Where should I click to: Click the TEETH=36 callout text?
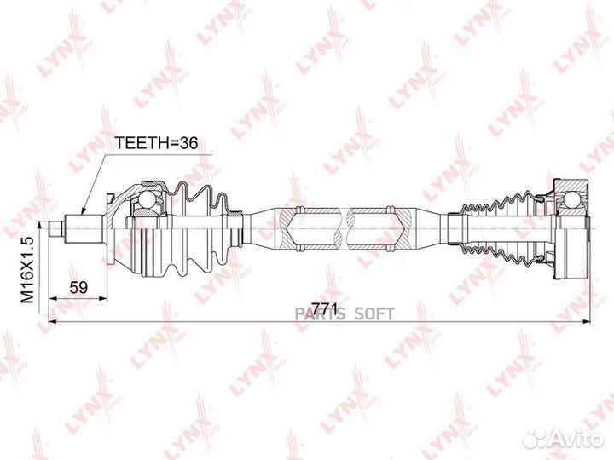(x=156, y=143)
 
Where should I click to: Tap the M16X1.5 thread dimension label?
(x=28, y=270)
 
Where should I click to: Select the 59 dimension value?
(x=78, y=288)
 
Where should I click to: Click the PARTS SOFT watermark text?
(x=345, y=313)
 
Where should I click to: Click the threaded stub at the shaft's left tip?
(x=56, y=229)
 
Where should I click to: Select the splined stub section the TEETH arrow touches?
(x=84, y=229)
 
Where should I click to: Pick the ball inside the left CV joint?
(x=148, y=199)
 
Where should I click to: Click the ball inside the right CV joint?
(x=571, y=199)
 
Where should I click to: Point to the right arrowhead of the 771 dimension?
(x=586, y=321)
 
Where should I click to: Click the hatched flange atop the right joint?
(x=571, y=186)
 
